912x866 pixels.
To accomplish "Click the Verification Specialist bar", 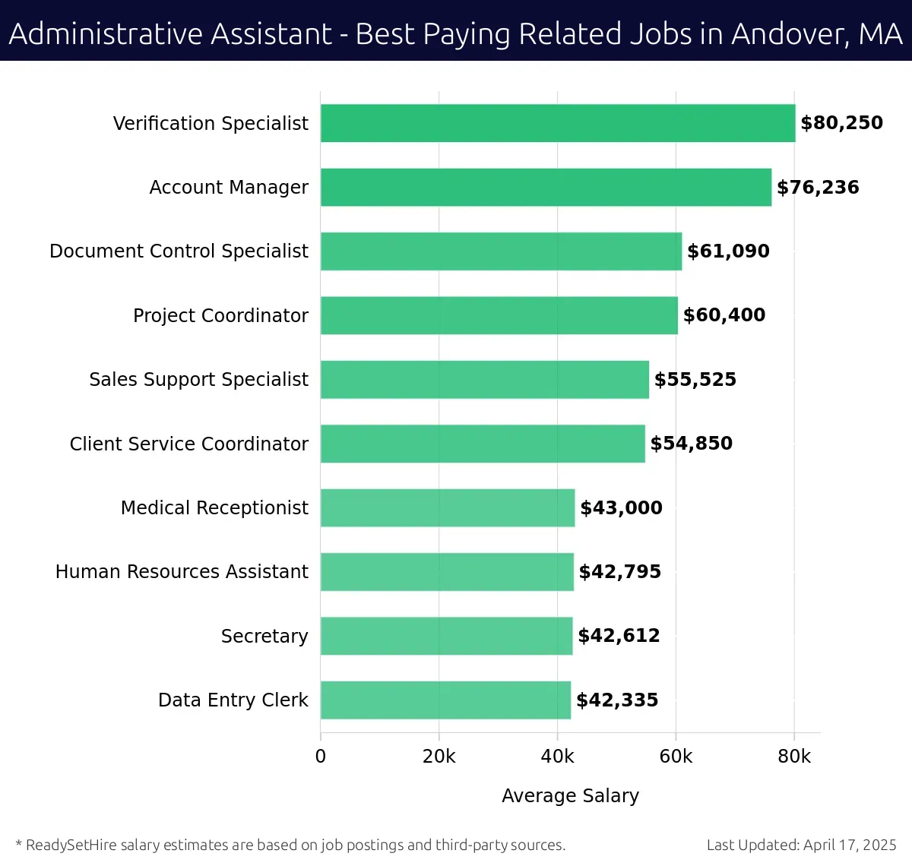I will [x=558, y=123].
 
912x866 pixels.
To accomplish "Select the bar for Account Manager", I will [x=546, y=187].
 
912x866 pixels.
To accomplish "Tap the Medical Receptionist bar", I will [x=448, y=507].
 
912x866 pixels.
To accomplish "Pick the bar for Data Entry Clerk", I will [x=445, y=700].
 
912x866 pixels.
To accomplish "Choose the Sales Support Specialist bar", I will [x=485, y=379].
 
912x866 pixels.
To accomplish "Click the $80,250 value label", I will [x=841, y=123].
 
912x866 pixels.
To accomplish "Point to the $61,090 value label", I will [x=728, y=251].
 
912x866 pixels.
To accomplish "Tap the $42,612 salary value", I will [x=619, y=636].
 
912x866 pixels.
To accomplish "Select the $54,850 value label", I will [x=691, y=444].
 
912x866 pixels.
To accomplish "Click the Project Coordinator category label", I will [x=220, y=315].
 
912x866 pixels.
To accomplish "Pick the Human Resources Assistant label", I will [x=182, y=571].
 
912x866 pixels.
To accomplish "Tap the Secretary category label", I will [x=264, y=636].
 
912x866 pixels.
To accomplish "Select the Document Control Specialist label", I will [x=179, y=251].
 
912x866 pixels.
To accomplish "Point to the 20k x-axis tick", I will [x=439, y=757].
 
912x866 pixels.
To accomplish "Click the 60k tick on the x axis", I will [x=676, y=757].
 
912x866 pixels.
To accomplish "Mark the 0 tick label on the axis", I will [x=321, y=757].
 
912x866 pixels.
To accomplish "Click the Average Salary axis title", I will [x=570, y=795].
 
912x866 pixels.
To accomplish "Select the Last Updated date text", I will [x=801, y=845].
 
